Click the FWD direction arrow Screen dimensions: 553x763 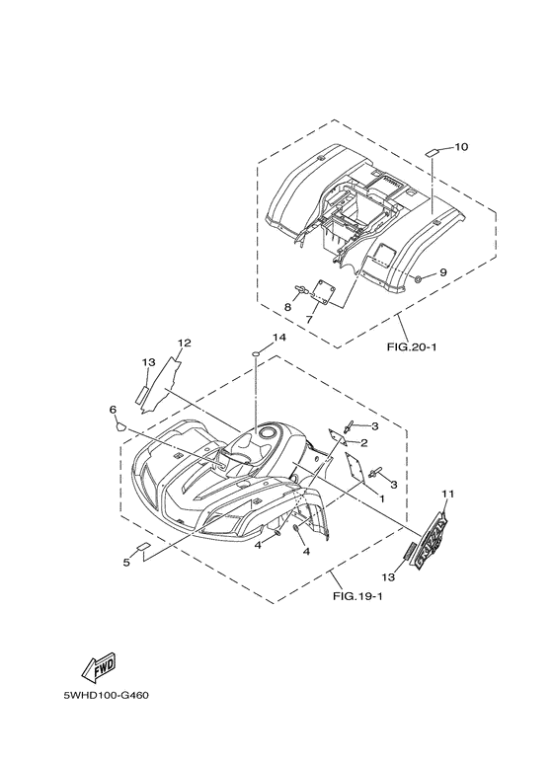point(99,666)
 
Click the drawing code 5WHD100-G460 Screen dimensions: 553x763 point(106,695)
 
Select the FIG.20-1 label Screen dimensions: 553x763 point(412,346)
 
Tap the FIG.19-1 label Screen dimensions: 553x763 point(357,596)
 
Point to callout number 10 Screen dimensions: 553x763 point(461,146)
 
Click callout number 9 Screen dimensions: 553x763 point(443,272)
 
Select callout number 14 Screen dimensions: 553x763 point(279,338)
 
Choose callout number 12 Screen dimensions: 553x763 point(184,343)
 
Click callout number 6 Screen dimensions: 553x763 point(113,410)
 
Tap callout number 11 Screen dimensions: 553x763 point(448,494)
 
